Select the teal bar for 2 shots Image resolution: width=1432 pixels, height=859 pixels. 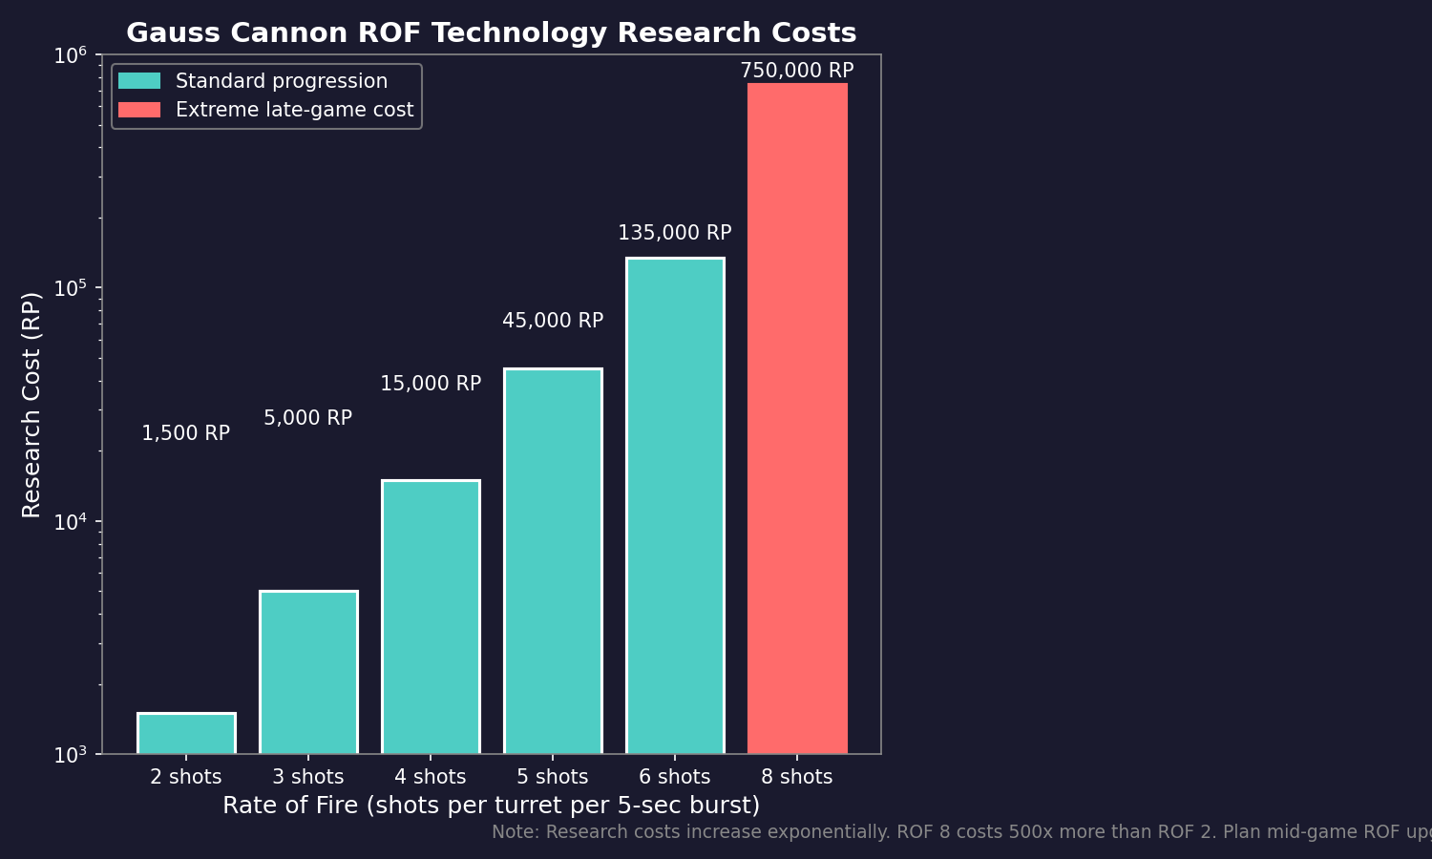click(x=186, y=733)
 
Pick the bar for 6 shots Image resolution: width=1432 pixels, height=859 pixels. click(x=675, y=506)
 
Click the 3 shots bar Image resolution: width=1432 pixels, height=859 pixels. click(x=308, y=672)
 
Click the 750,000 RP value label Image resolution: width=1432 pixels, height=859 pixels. click(x=797, y=72)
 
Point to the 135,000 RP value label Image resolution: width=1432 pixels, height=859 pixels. click(x=675, y=234)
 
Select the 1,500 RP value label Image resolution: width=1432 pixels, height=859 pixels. click(x=186, y=434)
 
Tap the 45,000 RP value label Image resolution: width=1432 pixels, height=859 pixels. click(x=553, y=322)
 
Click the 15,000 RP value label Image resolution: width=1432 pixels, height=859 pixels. click(x=431, y=385)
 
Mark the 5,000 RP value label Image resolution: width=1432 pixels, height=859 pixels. click(x=308, y=419)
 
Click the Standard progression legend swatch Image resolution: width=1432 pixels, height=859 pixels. click(x=139, y=81)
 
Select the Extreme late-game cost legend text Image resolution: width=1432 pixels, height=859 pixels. click(x=294, y=111)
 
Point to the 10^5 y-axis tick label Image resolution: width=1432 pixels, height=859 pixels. click(x=70, y=287)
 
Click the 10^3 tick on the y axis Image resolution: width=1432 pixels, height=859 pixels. click(x=70, y=755)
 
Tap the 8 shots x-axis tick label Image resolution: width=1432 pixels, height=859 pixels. click(x=797, y=778)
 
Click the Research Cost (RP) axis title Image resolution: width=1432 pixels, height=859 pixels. click(x=32, y=405)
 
